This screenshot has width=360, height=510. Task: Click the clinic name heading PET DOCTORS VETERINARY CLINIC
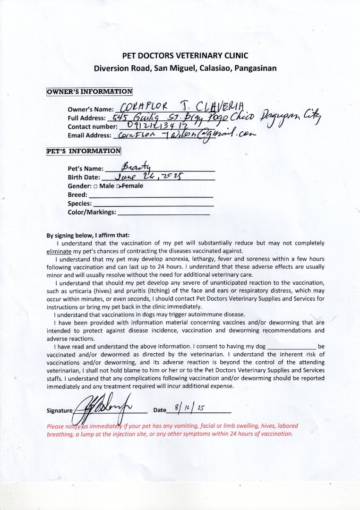click(185, 55)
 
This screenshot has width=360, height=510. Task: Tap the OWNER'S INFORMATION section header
click(89, 92)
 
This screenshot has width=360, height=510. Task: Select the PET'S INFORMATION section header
click(84, 151)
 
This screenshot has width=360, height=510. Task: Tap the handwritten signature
click(102, 408)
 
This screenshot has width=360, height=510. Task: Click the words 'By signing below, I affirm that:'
click(87, 235)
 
